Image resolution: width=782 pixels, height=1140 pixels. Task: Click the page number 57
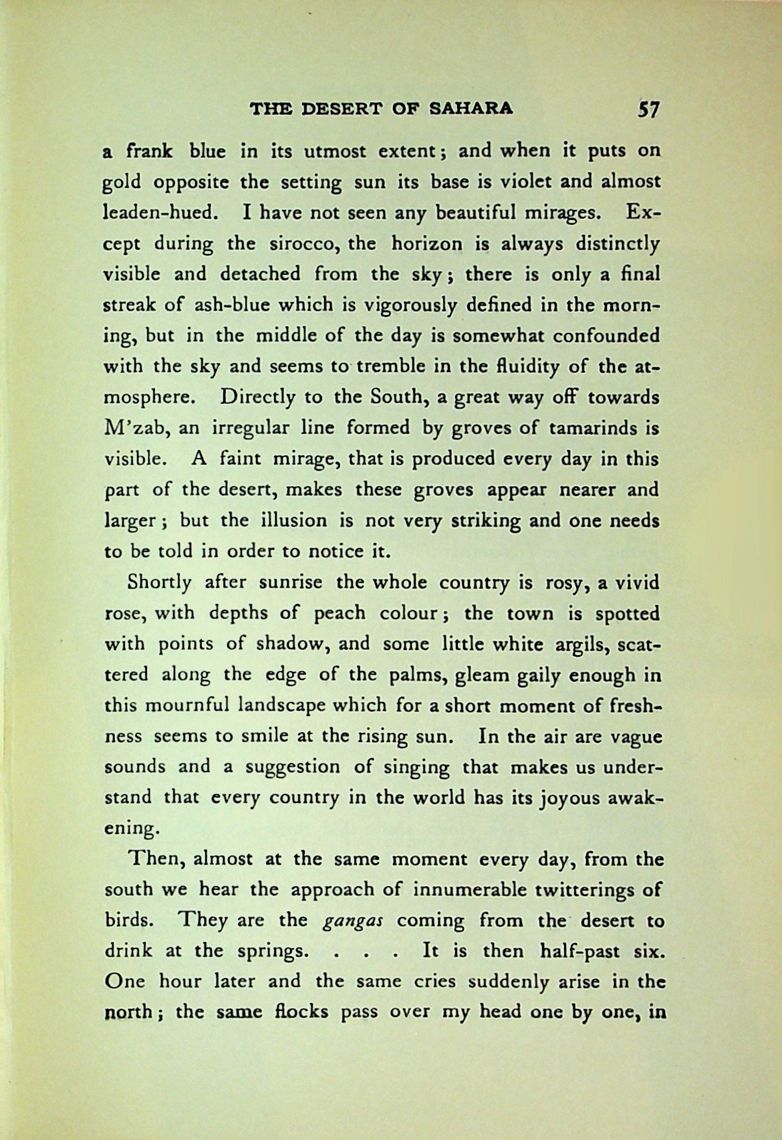(x=647, y=109)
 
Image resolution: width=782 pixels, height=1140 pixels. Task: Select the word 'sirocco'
(x=297, y=243)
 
